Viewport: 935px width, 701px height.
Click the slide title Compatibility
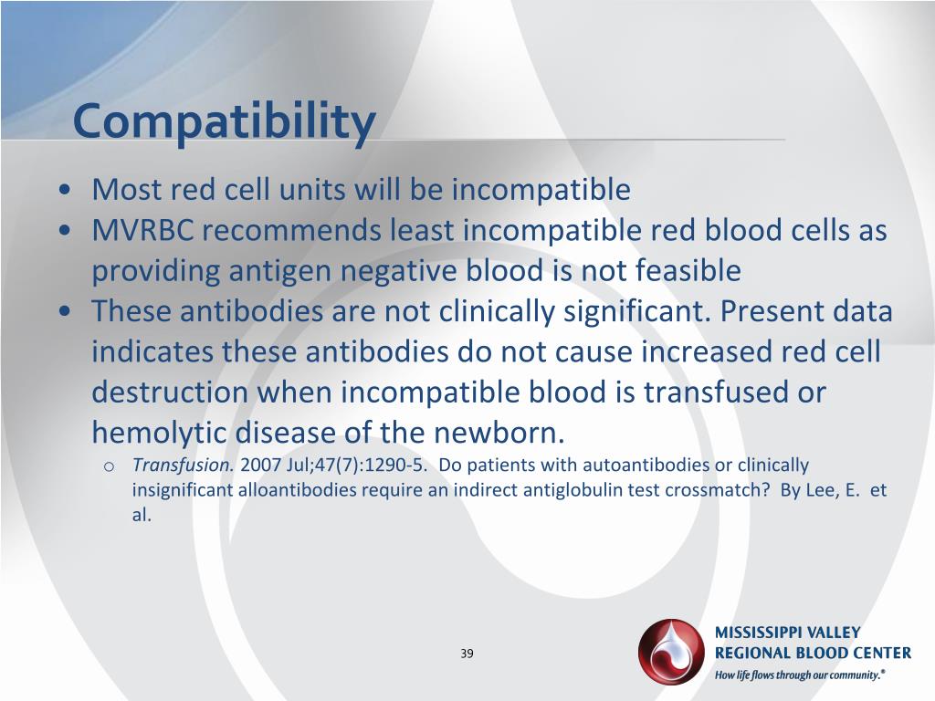tap(224, 121)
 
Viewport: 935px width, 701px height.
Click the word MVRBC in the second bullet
tap(142, 231)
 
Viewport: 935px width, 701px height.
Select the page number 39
tap(467, 654)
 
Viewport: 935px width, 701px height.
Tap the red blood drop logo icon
tap(672, 652)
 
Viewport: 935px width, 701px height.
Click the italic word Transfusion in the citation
tap(184, 466)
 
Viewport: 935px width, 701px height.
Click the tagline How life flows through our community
tap(800, 676)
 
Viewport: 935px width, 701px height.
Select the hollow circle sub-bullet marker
tap(108, 467)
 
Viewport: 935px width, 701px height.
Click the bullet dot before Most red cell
tap(65, 191)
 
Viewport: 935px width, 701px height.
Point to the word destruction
tap(168, 392)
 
